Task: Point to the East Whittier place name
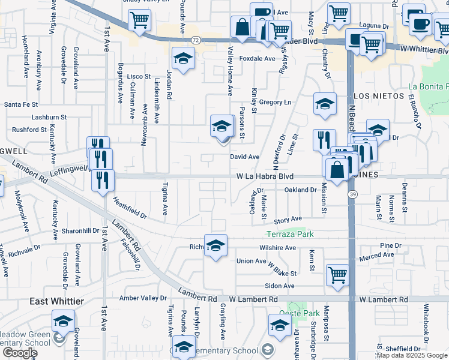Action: [58, 301]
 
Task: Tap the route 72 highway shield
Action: [196, 39]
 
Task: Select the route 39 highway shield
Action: [353, 194]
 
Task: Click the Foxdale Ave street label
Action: [257, 59]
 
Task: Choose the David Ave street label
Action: [245, 157]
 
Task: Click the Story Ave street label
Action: [288, 220]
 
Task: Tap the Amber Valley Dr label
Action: [143, 298]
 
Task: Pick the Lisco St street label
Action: [139, 77]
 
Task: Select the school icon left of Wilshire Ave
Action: [215, 245]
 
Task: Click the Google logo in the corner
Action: [20, 353]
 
